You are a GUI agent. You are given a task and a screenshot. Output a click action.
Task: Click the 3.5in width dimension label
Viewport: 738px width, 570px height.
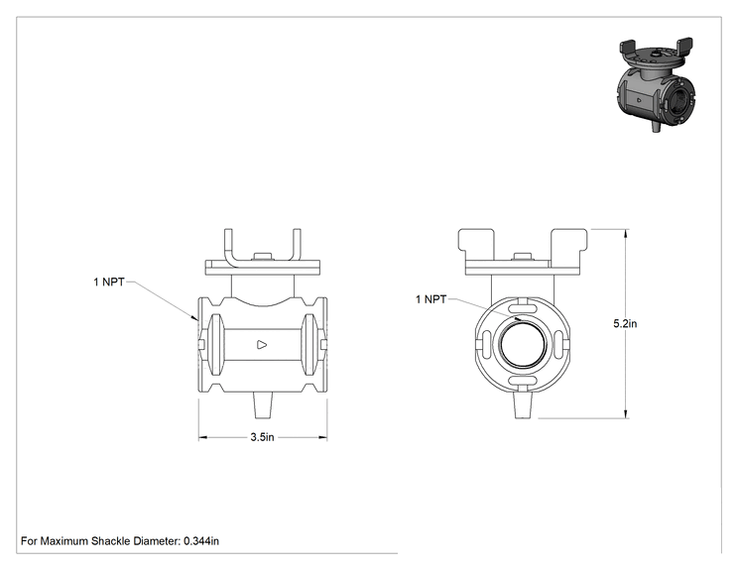coord(262,437)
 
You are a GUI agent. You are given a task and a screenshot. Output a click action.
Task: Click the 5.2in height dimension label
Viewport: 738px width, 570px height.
coord(625,323)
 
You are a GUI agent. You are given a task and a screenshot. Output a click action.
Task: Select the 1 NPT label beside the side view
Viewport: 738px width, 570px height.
coord(109,283)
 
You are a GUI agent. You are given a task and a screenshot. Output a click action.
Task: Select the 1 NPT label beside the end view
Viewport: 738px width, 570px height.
coord(431,299)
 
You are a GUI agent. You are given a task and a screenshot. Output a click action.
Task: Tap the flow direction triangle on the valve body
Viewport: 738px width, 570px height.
coord(262,345)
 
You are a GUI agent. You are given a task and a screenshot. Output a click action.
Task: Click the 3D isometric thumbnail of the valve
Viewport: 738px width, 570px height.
coord(655,84)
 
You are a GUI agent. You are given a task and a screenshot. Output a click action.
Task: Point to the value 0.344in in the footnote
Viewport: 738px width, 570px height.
coord(201,541)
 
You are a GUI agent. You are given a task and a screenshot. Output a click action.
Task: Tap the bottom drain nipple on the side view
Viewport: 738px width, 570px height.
coord(263,404)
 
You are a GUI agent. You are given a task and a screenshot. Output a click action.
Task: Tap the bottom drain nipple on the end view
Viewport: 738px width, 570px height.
coord(523,404)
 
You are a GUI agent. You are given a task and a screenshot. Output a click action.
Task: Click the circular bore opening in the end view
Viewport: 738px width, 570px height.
coord(523,344)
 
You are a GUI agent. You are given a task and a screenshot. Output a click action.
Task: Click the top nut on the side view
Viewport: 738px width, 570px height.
coord(263,257)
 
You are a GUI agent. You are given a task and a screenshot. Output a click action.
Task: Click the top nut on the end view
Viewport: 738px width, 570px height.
coord(523,257)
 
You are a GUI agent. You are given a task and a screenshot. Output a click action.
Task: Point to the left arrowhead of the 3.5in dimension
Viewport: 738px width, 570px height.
coord(202,437)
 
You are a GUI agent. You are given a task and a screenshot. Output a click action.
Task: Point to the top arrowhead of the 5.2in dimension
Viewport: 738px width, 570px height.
coord(626,234)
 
